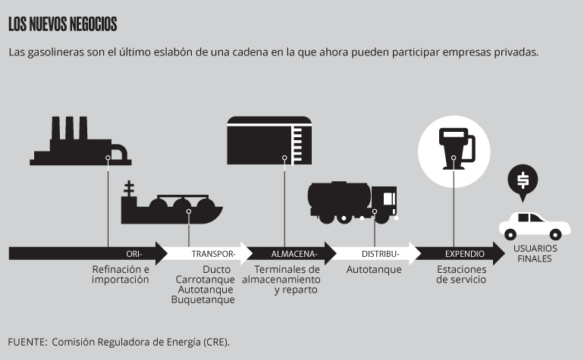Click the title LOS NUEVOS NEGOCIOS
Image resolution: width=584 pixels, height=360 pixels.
[x=62, y=24]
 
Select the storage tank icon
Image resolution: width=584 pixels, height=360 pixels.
[x=269, y=140]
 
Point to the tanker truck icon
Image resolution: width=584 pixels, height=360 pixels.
[x=353, y=202]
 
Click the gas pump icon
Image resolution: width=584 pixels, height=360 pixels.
[x=457, y=149]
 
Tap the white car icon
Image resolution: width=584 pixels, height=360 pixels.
[x=535, y=226]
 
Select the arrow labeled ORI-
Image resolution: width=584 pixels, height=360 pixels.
[x=88, y=254]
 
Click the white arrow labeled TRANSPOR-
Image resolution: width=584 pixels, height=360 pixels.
[x=208, y=254]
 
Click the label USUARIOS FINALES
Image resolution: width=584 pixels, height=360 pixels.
[x=535, y=254]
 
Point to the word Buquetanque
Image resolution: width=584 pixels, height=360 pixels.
[x=203, y=299]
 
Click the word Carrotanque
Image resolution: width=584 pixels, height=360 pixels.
[x=206, y=280]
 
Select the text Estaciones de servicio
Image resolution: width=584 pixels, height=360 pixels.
[x=461, y=274]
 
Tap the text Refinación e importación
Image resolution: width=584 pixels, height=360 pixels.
[x=121, y=274]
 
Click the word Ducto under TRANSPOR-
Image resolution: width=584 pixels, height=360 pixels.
[x=217, y=269]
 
